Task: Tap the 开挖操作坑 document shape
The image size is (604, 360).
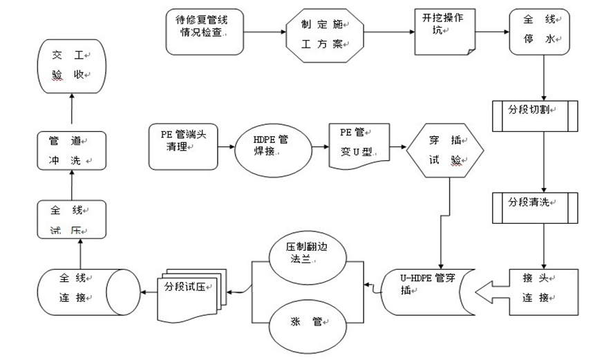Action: click(x=444, y=31)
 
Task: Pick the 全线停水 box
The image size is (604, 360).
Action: click(x=540, y=32)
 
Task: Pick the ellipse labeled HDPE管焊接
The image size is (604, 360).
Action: click(x=271, y=146)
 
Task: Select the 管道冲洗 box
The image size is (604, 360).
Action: click(x=71, y=150)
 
